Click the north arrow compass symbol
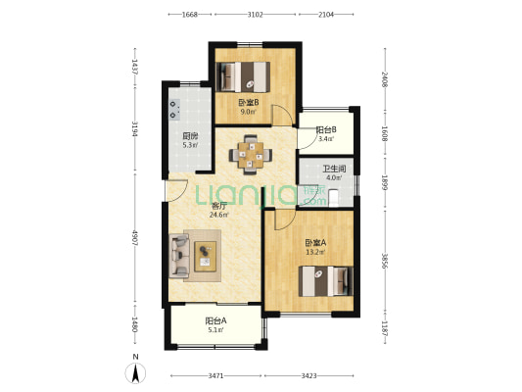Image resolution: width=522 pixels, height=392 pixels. click(x=135, y=373)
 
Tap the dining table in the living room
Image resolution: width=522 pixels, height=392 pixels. click(x=251, y=155)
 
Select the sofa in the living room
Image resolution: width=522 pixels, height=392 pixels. click(x=179, y=256)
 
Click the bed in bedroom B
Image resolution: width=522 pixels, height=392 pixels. click(x=243, y=76)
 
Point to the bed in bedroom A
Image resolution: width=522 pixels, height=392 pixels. click(x=325, y=281)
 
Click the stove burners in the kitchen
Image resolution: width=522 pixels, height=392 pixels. click(x=174, y=110)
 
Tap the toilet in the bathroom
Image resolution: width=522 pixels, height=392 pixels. click(x=333, y=198)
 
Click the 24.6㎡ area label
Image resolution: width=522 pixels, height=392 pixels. click(x=218, y=215)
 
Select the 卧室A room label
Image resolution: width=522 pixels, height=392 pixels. click(x=315, y=243)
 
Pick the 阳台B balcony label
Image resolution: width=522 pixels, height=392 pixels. click(x=325, y=129)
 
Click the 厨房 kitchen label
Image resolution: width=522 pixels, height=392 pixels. click(x=190, y=136)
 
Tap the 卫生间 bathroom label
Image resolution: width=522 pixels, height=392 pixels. click(x=334, y=169)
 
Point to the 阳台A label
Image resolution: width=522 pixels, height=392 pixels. click(x=215, y=320)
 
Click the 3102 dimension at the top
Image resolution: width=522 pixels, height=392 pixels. click(x=256, y=15)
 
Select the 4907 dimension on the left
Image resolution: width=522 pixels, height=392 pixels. click(x=135, y=237)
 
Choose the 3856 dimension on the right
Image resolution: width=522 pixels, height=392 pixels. click(x=385, y=262)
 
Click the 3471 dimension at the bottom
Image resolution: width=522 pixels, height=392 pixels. click(x=215, y=376)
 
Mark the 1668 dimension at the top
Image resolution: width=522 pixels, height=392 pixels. click(x=190, y=15)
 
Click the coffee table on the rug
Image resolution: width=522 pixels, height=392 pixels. click(x=205, y=256)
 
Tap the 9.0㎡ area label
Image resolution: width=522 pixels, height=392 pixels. click(x=249, y=112)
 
